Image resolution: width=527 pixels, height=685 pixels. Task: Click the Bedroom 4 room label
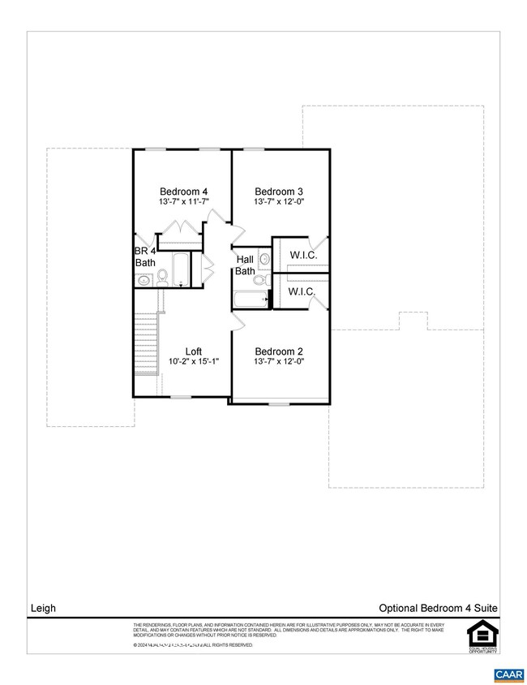click(184, 192)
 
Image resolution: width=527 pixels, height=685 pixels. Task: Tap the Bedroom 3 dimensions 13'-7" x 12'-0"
click(279, 202)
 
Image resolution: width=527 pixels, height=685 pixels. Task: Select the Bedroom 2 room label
click(279, 351)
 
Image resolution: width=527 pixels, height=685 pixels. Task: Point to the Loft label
click(193, 351)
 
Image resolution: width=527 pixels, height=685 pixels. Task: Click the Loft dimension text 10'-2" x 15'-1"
click(193, 362)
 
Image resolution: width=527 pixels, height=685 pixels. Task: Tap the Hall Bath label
click(246, 265)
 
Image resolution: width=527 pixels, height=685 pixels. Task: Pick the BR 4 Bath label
click(145, 257)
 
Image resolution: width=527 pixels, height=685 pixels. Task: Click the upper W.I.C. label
click(303, 256)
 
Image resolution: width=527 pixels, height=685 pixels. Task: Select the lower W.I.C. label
click(303, 291)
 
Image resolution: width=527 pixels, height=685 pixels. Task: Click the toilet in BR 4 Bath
click(162, 278)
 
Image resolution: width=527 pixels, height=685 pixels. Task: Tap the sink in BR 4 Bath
click(144, 280)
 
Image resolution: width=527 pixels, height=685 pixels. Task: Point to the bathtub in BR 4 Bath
click(180, 269)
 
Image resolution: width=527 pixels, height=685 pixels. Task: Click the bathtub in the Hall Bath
click(251, 300)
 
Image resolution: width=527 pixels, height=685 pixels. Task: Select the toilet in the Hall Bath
click(259, 281)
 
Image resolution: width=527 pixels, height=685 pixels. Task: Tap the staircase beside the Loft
click(146, 341)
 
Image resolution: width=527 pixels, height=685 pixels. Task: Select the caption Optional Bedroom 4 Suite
click(438, 607)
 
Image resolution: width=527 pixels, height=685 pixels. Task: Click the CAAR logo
click(508, 674)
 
